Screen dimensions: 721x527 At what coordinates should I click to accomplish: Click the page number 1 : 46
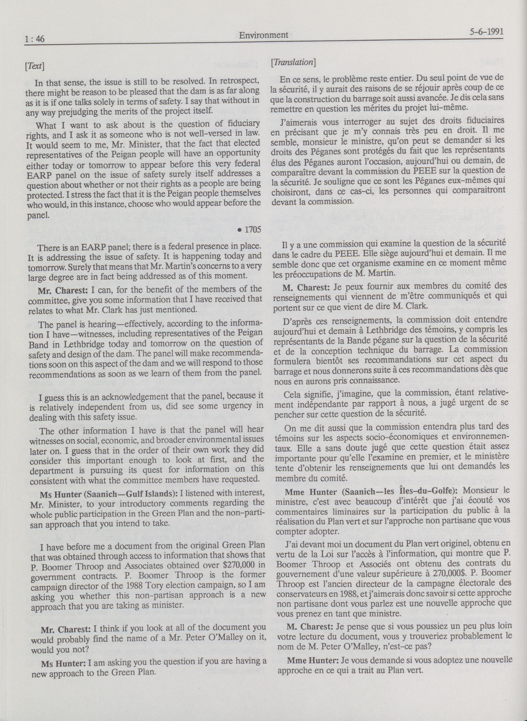pyautogui.click(x=34, y=39)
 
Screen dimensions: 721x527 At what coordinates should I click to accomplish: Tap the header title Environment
pyautogui.click(x=263, y=35)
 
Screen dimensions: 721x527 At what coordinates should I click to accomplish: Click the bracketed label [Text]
pyautogui.click(x=35, y=66)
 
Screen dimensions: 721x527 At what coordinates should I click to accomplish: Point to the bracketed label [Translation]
pyautogui.click(x=293, y=63)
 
